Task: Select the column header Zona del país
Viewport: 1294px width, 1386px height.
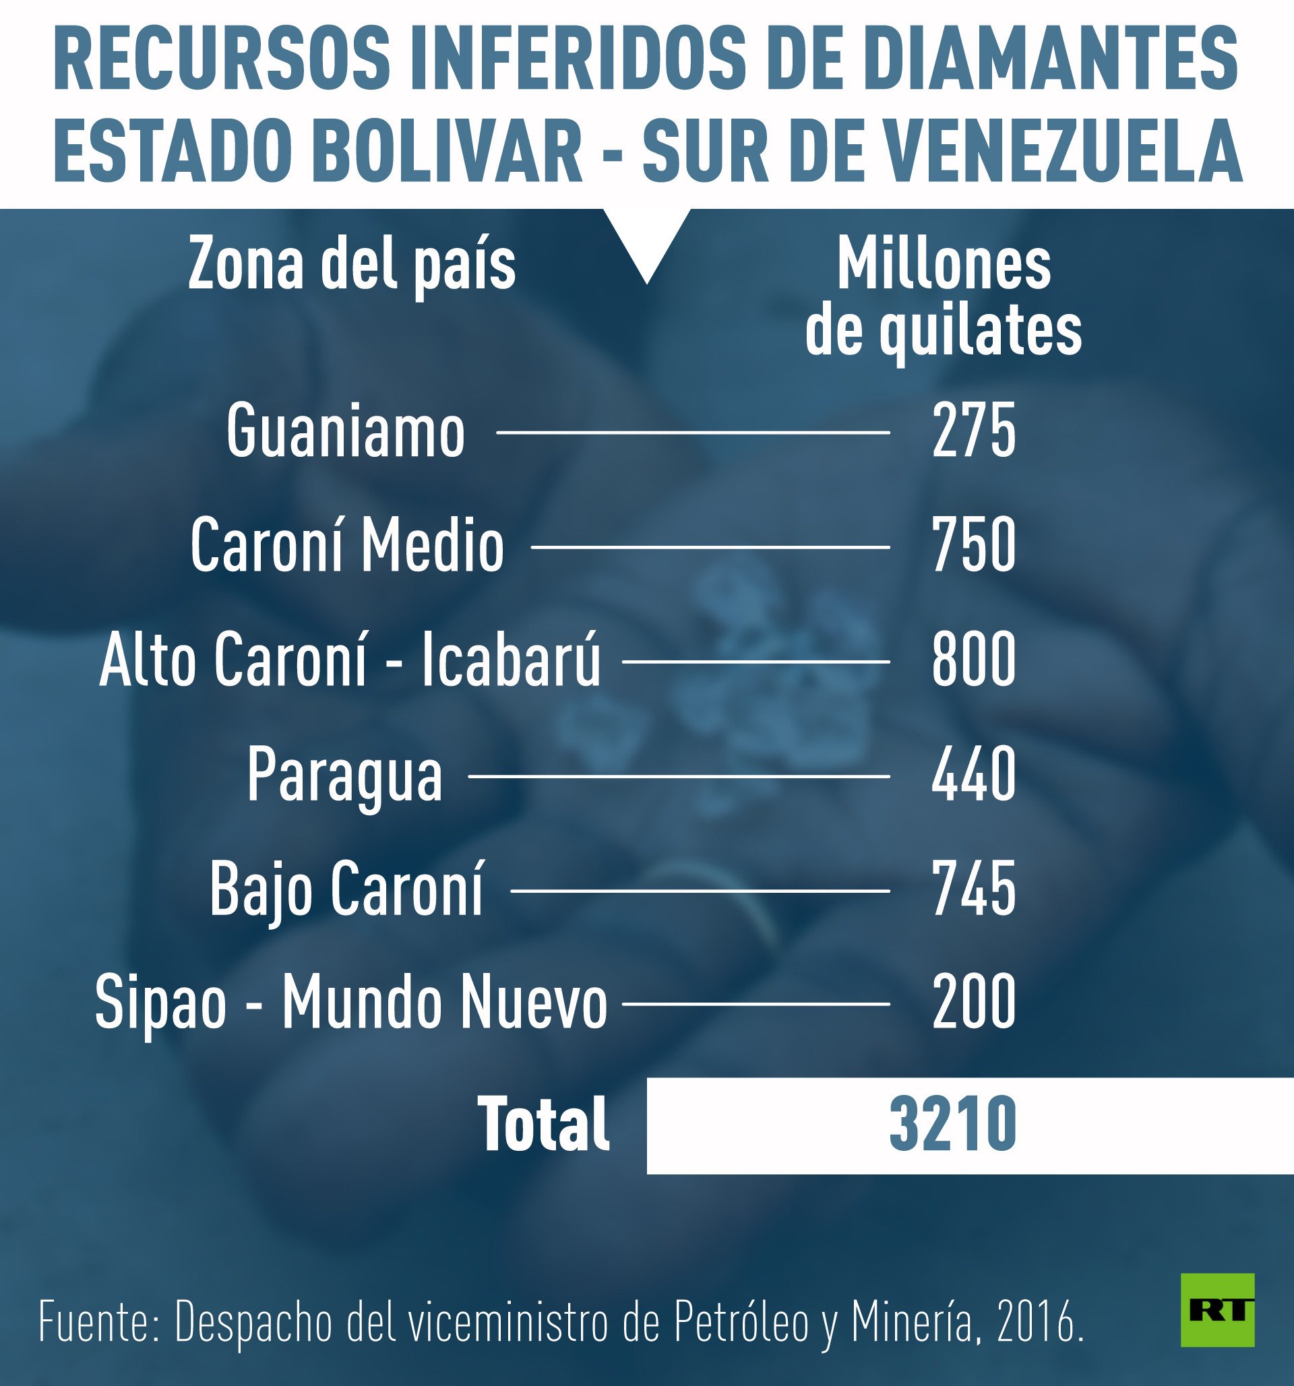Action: coord(351,265)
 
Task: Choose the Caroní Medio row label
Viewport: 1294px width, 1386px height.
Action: coord(346,546)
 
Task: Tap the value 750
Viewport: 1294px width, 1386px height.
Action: coord(973,546)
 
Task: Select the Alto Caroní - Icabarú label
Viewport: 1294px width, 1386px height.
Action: coord(349,661)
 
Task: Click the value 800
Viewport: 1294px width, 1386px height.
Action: coord(973,661)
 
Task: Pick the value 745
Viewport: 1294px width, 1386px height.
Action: coord(973,889)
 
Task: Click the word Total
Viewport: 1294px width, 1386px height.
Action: coord(543,1124)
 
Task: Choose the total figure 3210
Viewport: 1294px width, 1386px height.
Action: coord(952,1124)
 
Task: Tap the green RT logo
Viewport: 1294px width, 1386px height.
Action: coord(1217,1309)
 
